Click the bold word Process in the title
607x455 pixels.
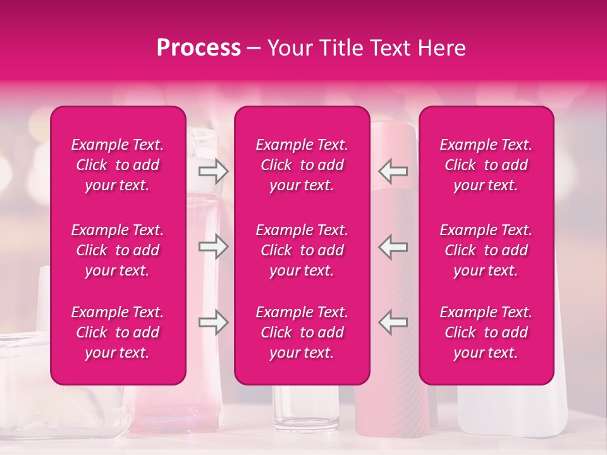coord(199,48)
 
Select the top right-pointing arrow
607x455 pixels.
coord(214,170)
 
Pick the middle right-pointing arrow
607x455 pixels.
coord(214,246)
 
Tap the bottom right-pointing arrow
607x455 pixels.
coord(214,322)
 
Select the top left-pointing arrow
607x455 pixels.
coord(393,170)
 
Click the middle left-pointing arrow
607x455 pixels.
coord(393,246)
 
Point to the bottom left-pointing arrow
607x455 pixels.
coord(393,322)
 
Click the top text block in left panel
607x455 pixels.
coord(118,165)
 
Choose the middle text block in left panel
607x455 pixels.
coord(118,250)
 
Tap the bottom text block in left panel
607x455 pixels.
coord(118,332)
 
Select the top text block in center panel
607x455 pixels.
coord(302,165)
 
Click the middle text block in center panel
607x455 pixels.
coord(302,250)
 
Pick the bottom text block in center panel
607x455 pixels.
coord(302,332)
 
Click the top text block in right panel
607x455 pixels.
coord(486,165)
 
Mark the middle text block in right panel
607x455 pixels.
coord(486,250)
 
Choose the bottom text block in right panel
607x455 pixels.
coord(486,332)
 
